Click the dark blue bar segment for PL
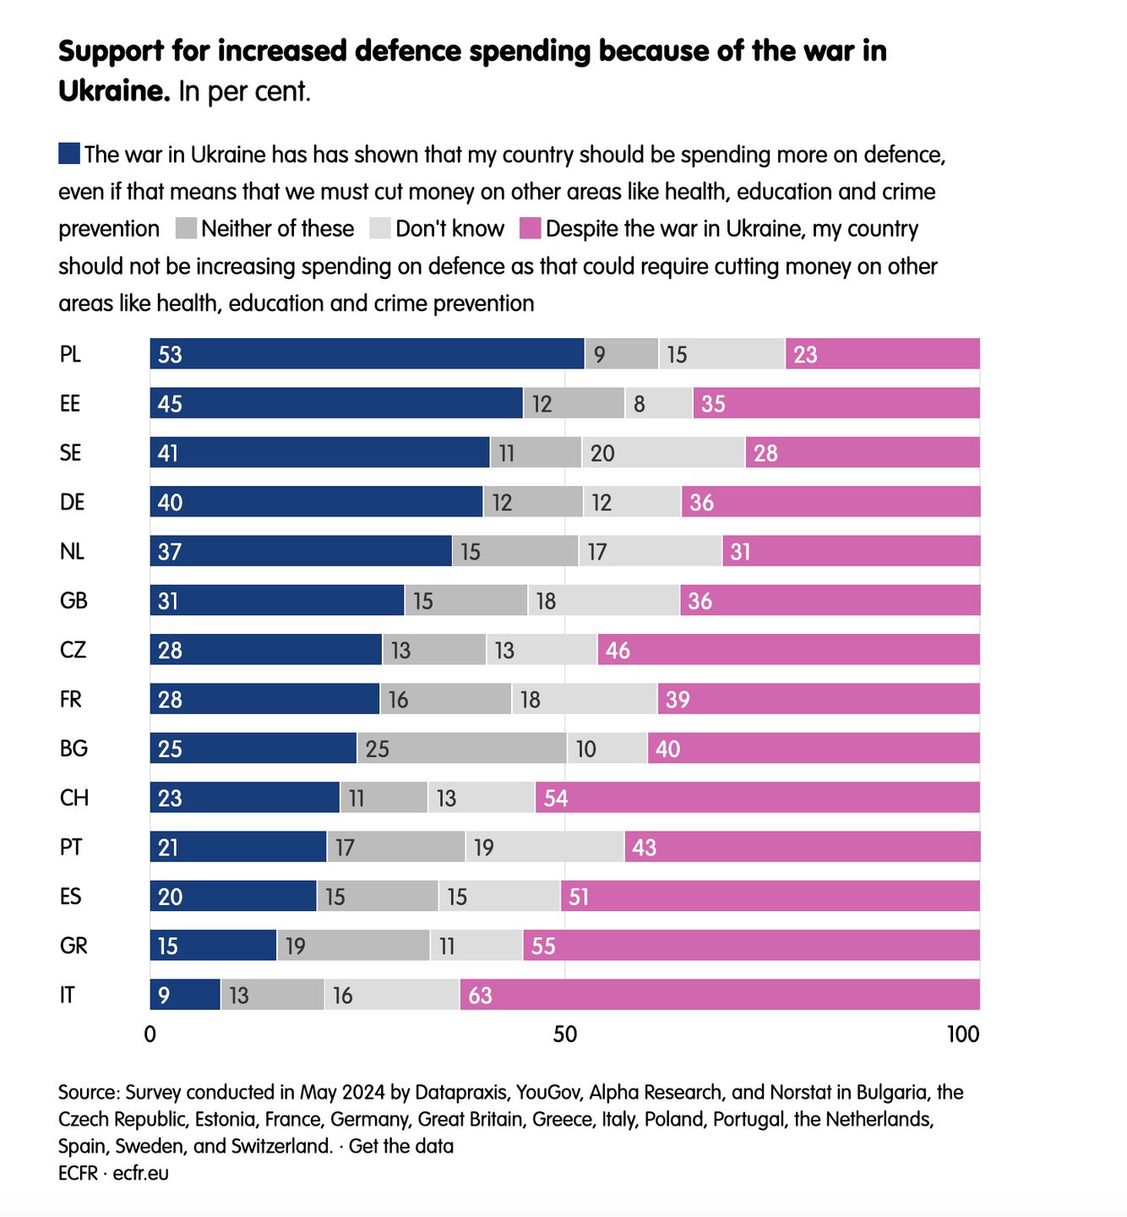(367, 354)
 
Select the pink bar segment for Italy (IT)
(720, 995)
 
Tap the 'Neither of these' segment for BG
(461, 749)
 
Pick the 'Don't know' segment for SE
(663, 453)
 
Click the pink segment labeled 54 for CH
(758, 798)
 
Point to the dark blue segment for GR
(213, 946)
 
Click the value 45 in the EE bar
(170, 404)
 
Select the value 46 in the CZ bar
(618, 651)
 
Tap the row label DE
(73, 502)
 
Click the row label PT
(71, 847)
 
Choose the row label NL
(72, 551)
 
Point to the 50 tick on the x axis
(565, 1034)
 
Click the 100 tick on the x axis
(963, 1034)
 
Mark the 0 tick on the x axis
(150, 1034)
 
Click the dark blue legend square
(69, 154)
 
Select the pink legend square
(531, 228)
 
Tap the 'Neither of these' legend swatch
(187, 228)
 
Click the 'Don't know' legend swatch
(381, 228)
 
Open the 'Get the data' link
(401, 1146)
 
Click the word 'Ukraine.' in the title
(114, 90)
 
